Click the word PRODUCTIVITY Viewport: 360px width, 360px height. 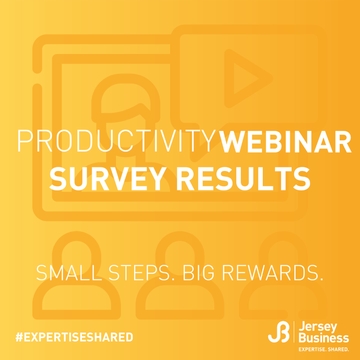point(117,141)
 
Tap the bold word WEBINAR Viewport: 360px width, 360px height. point(285,141)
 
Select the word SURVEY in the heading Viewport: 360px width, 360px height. point(108,179)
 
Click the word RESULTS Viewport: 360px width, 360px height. point(243,179)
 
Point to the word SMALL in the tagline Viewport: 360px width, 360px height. point(69,273)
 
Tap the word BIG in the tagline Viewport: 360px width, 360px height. point(198,273)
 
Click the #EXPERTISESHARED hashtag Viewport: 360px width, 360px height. point(74,337)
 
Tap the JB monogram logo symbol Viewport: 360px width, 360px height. point(279,332)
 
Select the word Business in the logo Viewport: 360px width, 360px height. point(324,338)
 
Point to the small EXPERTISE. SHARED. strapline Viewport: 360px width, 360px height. point(324,350)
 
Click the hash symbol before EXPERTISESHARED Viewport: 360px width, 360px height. point(19,337)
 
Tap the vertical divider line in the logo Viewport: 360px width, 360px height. point(294,332)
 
